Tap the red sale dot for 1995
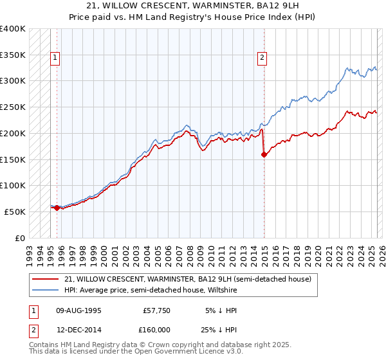pyautogui.click(x=57, y=208)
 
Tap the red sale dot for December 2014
pyautogui.click(x=264, y=154)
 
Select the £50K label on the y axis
pyautogui.click(x=15, y=212)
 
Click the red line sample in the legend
pyautogui.click(x=45, y=279)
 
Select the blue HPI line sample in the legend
pyautogui.click(x=45, y=290)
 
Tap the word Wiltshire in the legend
pyautogui.click(x=223, y=290)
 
